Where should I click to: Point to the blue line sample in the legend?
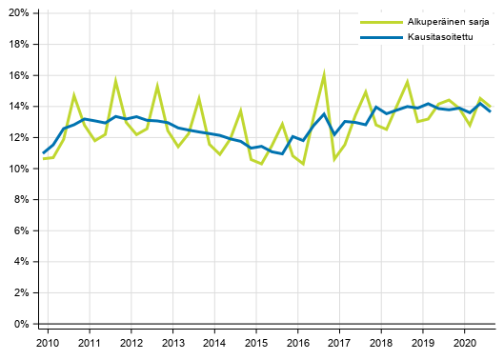(x=373, y=38)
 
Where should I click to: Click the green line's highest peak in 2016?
(x=325, y=72)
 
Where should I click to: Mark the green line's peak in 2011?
(x=116, y=81)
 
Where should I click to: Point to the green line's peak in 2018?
(x=408, y=82)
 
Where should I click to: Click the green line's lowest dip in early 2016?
(x=303, y=164)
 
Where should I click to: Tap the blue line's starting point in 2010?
(x=43, y=153)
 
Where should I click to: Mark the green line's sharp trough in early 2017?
(x=334, y=160)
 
